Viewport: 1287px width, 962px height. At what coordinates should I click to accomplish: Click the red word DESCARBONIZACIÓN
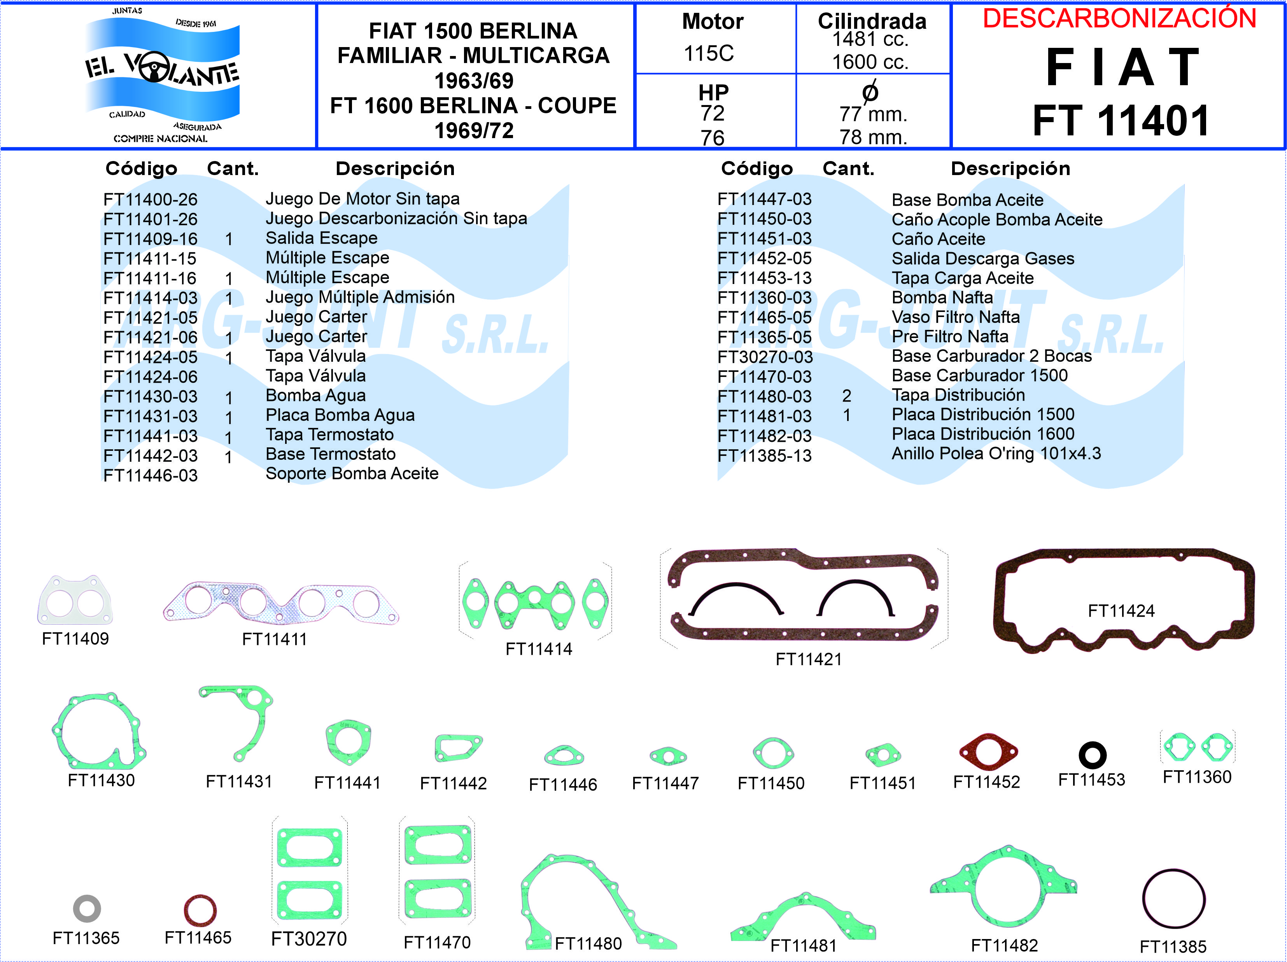coord(1119,18)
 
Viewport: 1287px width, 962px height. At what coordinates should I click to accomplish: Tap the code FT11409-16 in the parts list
coord(150,238)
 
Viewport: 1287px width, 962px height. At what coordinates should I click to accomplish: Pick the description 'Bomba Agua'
coord(315,395)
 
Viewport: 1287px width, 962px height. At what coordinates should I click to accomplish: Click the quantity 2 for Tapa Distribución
coord(847,396)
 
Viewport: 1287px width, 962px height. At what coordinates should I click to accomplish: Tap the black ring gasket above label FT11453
coord(1092,755)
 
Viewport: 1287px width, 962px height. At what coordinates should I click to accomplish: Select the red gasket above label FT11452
coord(988,751)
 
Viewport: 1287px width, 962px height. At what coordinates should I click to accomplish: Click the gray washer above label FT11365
coord(87,908)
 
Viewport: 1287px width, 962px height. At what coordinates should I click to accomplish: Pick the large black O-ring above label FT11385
coord(1173,899)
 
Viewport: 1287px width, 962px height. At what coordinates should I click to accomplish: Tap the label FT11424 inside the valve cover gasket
coord(1121,610)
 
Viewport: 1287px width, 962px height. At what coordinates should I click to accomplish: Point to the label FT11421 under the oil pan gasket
coord(809,659)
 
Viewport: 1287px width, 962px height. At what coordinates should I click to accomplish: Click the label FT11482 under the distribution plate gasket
coord(1004,945)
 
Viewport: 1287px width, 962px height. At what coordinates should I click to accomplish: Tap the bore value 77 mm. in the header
coord(873,114)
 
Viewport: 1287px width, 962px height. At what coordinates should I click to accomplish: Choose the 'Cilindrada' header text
coord(872,21)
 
